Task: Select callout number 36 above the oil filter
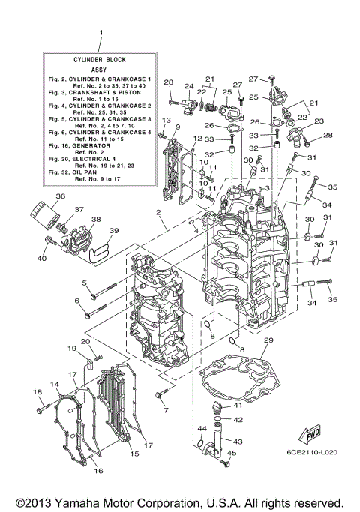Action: (x=39, y=197)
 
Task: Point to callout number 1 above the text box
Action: (x=100, y=32)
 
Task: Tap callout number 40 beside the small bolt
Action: (x=41, y=259)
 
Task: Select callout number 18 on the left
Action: (x=37, y=392)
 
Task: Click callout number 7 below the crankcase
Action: (x=166, y=409)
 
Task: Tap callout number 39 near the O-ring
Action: (x=114, y=230)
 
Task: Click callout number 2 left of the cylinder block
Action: (x=159, y=213)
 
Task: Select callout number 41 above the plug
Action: (x=237, y=406)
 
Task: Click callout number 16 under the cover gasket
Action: (x=97, y=471)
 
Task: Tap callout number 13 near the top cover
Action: (x=166, y=121)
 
